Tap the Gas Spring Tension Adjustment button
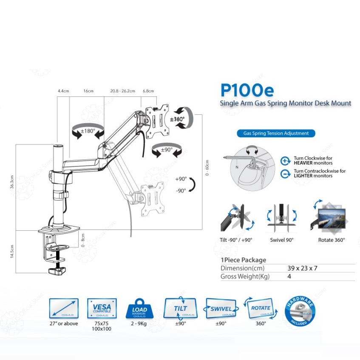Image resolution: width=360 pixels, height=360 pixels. [x=276, y=133]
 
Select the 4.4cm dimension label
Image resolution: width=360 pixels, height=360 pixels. [x=63, y=91]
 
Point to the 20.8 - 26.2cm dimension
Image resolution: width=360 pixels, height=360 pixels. [x=122, y=91]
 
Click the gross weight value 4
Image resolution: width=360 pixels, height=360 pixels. [x=289, y=276]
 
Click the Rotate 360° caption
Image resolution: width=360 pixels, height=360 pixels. [x=332, y=240]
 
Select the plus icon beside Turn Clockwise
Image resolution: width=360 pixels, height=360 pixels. [x=285, y=161]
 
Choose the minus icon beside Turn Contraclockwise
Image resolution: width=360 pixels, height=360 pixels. [x=285, y=173]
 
